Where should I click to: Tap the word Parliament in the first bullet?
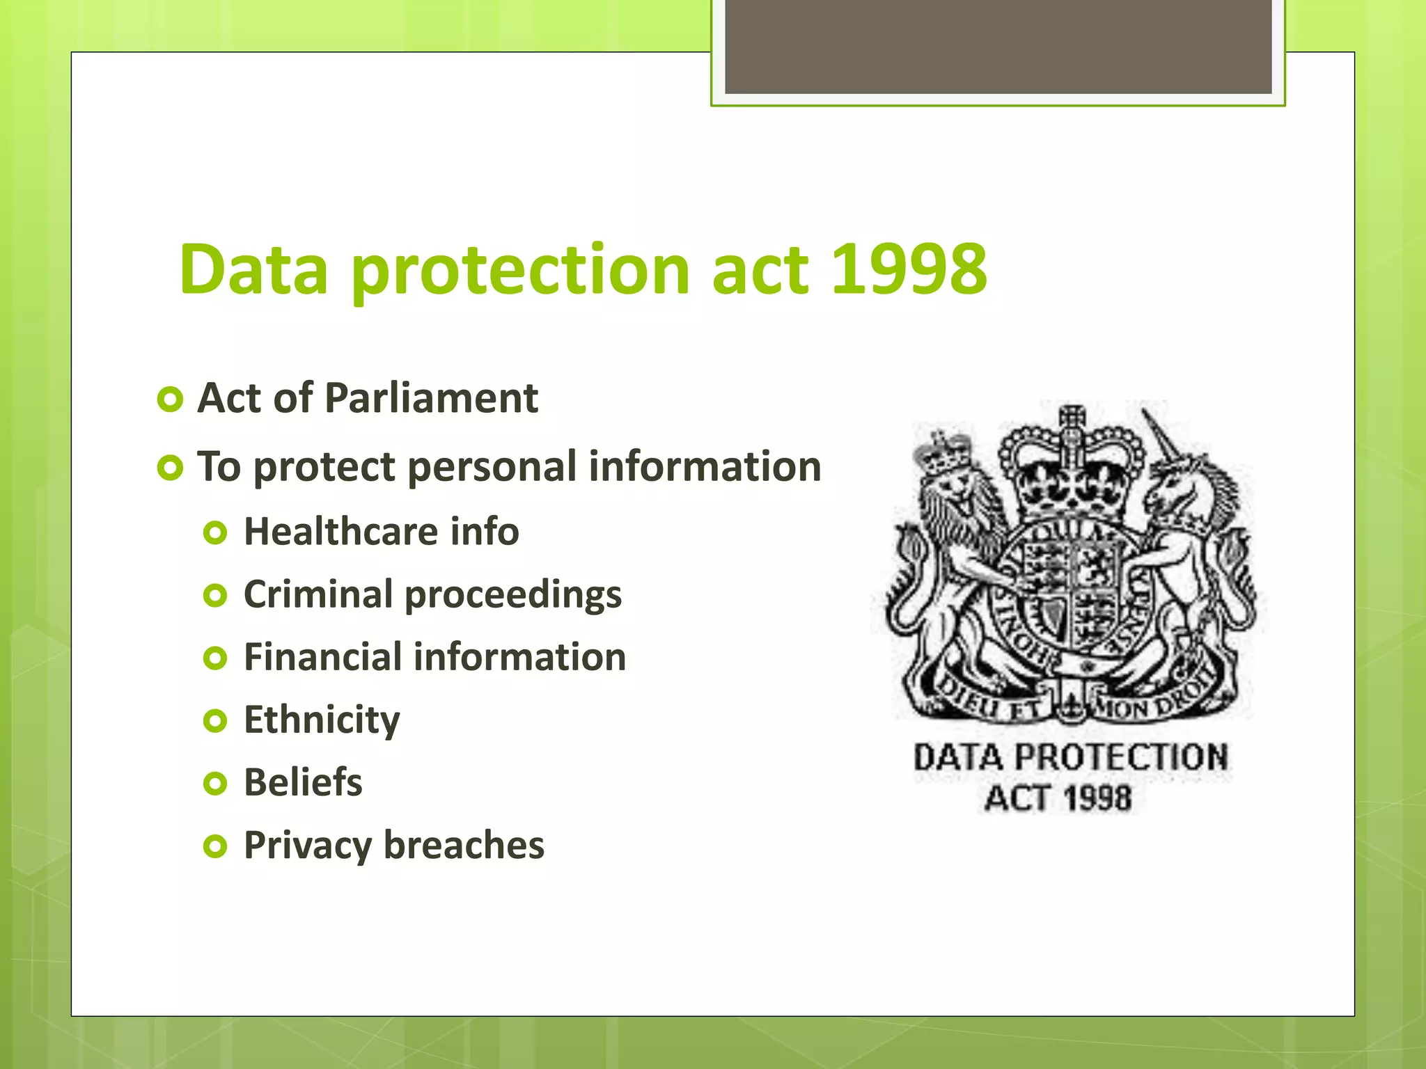coord(431,398)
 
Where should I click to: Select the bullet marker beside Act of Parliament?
coord(170,399)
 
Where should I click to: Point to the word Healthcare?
coord(340,532)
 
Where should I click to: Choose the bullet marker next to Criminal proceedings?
coord(215,596)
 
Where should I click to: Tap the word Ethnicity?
coord(322,720)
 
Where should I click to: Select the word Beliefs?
coord(303,782)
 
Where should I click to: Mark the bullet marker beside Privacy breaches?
coord(215,846)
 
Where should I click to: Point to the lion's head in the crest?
coord(951,480)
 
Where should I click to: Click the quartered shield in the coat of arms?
coord(1072,585)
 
